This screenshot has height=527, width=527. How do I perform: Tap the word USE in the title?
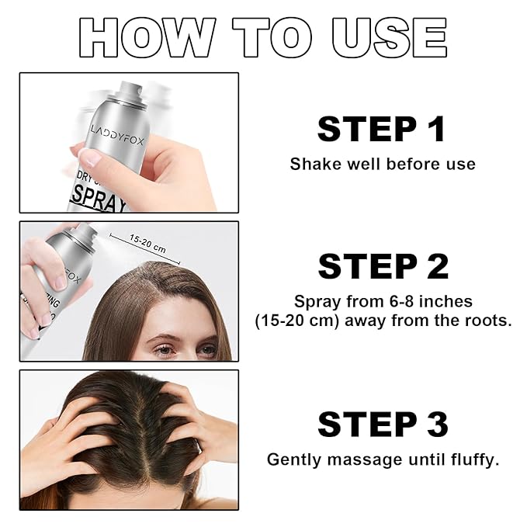[389, 36]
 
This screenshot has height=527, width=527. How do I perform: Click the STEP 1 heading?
[382, 129]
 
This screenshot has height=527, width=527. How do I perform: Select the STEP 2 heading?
[383, 266]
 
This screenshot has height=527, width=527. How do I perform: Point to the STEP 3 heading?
[383, 425]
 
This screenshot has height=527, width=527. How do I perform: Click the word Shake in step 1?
[311, 165]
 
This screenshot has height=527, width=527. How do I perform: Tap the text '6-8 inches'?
[433, 300]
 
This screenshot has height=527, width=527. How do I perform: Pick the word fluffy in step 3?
[473, 459]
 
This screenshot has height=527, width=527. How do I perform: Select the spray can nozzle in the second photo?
[86, 231]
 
